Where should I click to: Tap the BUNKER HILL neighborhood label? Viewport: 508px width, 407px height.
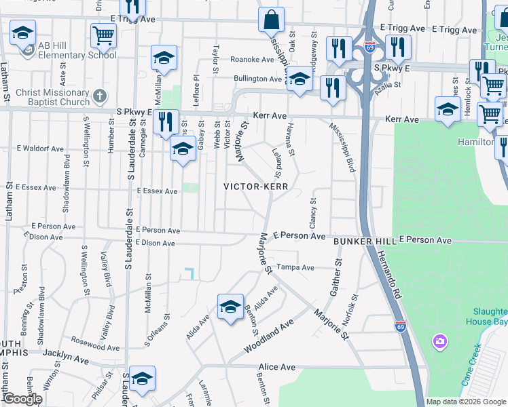364,241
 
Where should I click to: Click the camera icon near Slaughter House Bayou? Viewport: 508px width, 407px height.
439,340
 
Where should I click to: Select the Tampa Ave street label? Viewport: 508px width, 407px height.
295,267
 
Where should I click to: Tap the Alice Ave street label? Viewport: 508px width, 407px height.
276,367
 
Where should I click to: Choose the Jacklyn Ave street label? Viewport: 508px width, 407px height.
66,353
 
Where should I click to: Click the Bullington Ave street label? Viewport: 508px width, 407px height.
257,79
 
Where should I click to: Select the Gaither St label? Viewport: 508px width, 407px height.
335,277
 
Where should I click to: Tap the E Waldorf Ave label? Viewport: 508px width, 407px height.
40,148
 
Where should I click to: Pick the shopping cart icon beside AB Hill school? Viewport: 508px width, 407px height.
103,35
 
